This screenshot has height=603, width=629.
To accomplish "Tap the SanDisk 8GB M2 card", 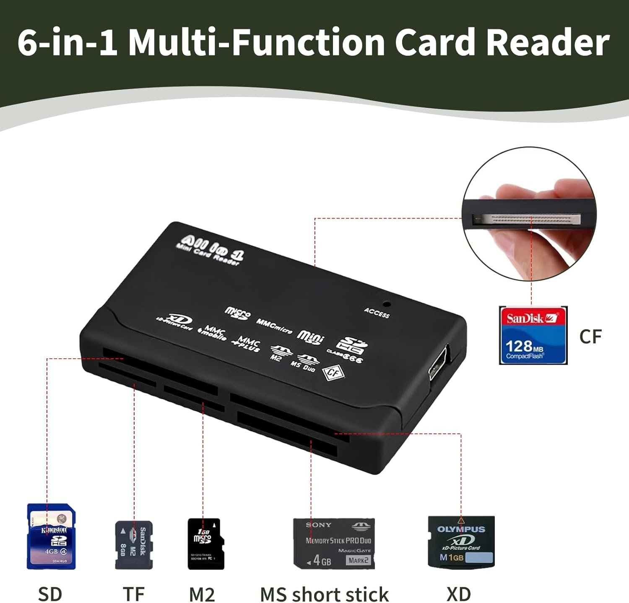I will pyautogui.click(x=134, y=545).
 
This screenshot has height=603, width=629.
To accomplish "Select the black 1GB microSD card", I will pyautogui.click(x=205, y=544).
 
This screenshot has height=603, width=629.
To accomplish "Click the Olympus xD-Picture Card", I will pyautogui.click(x=461, y=542).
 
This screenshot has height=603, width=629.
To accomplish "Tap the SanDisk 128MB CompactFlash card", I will pyautogui.click(x=533, y=335).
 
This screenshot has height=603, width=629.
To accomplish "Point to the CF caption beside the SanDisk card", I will pyautogui.click(x=590, y=337).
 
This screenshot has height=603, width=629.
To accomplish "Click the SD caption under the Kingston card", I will pyautogui.click(x=50, y=594).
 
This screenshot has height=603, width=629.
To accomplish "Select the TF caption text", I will pyautogui.click(x=134, y=594).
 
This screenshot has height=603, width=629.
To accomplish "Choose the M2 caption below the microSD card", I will pyautogui.click(x=202, y=594).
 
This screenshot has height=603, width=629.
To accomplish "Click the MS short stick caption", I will pyautogui.click(x=324, y=594).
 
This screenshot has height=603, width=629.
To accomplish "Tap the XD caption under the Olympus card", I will pyautogui.click(x=459, y=594).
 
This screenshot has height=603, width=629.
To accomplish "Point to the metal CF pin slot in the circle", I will pyautogui.click(x=527, y=219).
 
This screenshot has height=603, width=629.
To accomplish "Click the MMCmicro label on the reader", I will pyautogui.click(x=274, y=326).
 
